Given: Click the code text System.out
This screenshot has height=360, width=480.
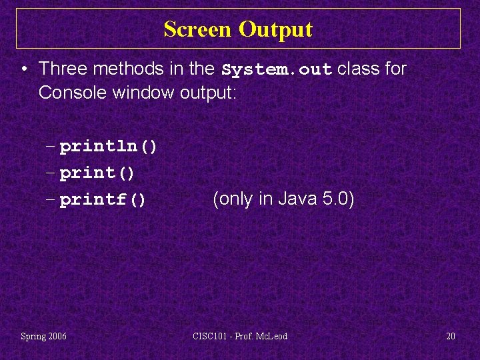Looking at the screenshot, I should coord(277,69).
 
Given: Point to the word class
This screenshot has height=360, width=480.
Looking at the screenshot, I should coord(355,69).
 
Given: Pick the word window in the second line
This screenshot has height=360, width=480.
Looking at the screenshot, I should coord(144,92).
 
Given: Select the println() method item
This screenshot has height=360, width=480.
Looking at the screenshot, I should coord(109,146).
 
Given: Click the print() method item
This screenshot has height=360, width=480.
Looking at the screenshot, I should coord(97,173).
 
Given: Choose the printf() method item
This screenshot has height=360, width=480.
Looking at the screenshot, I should coord(103,199).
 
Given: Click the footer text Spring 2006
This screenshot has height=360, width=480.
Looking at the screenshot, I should coord(43,336).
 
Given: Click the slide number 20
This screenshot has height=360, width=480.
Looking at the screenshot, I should coord(451,336).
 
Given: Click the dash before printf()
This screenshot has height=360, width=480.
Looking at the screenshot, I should coord(52,199).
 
